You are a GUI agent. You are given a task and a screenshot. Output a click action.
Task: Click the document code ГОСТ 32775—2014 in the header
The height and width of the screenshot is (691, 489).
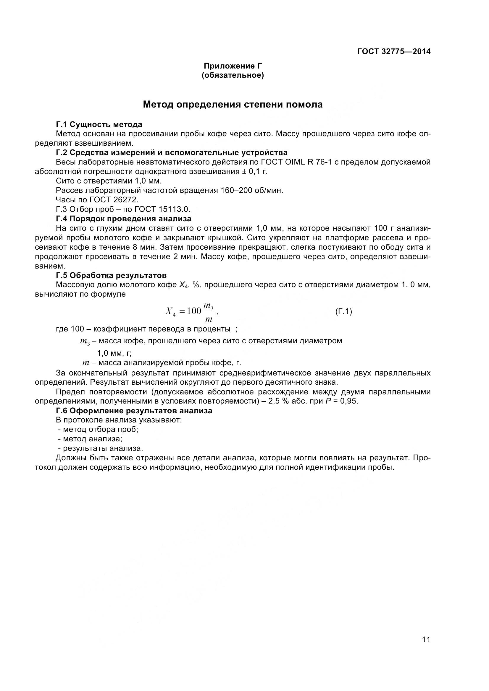click(394, 51)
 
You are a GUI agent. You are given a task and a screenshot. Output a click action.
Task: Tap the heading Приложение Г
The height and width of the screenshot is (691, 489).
click(233, 66)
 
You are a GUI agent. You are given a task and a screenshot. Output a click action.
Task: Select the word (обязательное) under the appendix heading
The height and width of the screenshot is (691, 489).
click(233, 75)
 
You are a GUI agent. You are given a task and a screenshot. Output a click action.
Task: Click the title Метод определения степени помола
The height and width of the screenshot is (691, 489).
click(233, 104)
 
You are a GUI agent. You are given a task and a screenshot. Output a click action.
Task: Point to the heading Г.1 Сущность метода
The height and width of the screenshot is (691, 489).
click(99, 124)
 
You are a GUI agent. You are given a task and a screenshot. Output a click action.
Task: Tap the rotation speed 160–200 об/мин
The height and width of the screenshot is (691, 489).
click(252, 191)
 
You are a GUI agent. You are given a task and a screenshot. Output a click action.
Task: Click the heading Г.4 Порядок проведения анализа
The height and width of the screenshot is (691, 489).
click(124, 219)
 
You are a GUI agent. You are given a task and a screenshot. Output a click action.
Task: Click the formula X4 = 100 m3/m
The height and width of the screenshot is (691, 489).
click(191, 311)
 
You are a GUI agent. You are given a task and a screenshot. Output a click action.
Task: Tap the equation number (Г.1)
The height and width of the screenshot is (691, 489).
click(343, 311)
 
